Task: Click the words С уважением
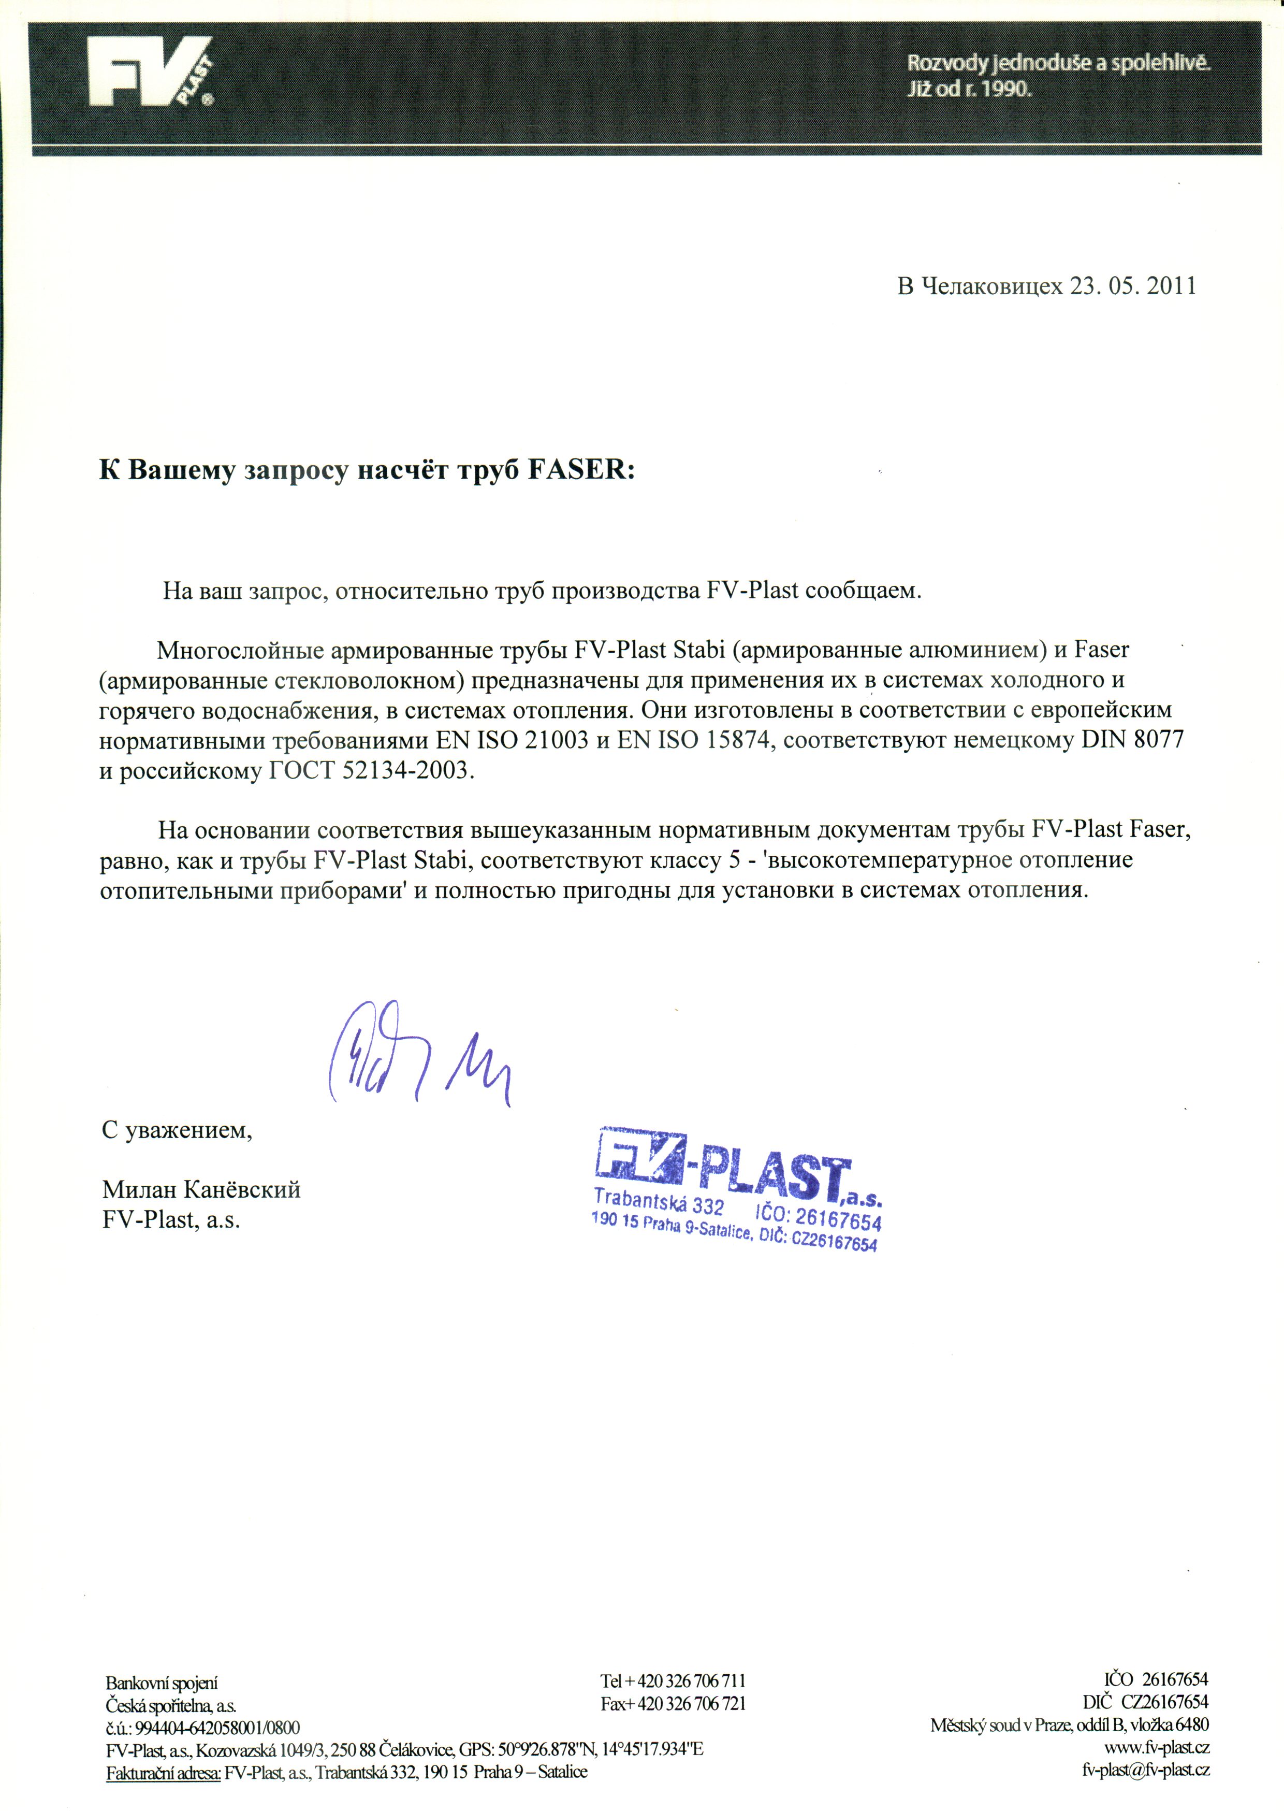tap(177, 1130)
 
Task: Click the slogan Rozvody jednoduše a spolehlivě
tap(1058, 63)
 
